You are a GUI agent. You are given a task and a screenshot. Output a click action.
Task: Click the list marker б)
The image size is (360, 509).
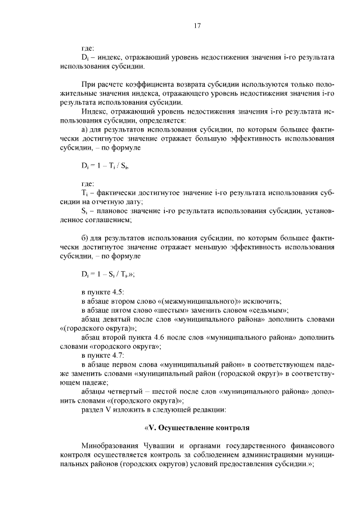pos(85,237)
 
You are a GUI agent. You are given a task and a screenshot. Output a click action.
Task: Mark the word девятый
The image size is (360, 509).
pos(119,319)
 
